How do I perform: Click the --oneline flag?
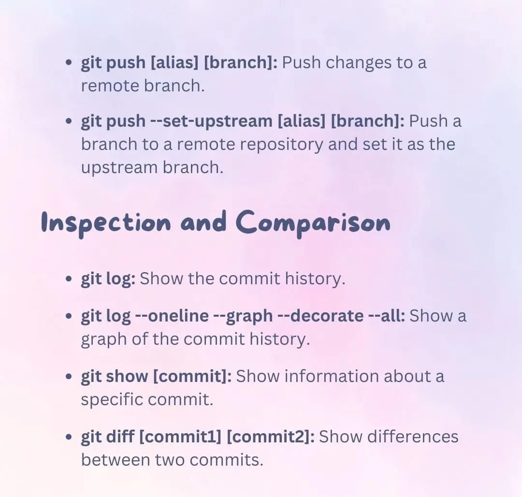point(172,316)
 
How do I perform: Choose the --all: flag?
point(387,316)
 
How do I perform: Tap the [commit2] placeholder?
point(270,437)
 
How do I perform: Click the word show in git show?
point(127,376)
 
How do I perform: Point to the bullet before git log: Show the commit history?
point(69,278)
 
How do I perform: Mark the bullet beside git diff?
point(69,437)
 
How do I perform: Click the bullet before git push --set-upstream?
point(69,121)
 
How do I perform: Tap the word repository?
point(281,145)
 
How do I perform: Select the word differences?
point(413,437)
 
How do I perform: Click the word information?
point(331,376)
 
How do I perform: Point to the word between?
point(116,460)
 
